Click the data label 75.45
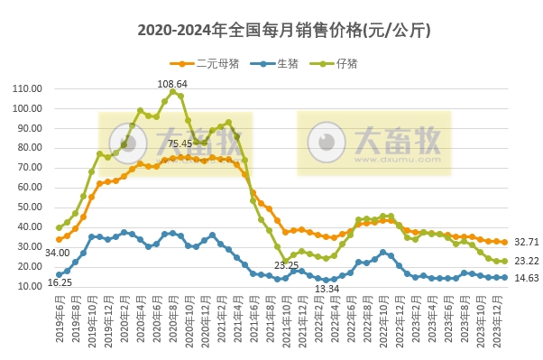point(179,143)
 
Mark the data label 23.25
point(286,265)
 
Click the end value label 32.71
point(527,242)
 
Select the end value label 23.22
point(527,261)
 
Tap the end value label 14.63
point(527,278)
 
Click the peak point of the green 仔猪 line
point(172,92)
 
